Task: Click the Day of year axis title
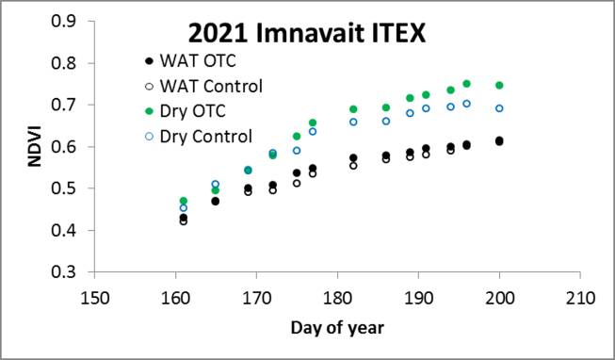[x=337, y=327]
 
